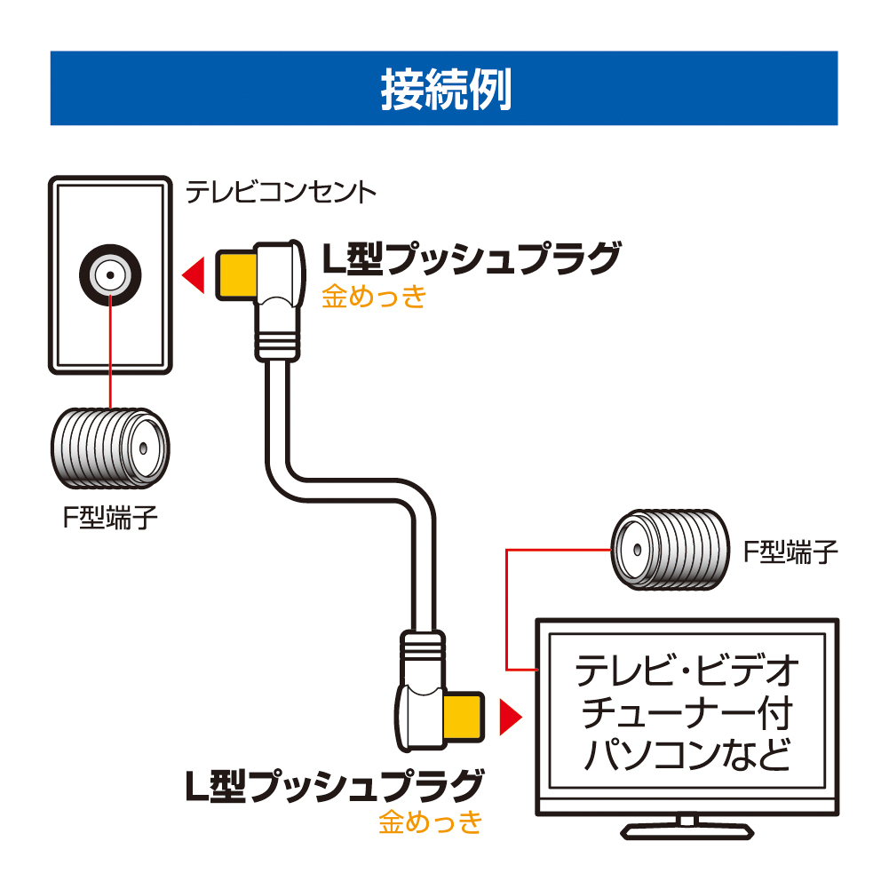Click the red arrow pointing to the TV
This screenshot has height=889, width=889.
click(510, 718)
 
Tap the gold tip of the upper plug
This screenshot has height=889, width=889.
click(233, 274)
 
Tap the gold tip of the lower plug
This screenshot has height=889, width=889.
click(464, 718)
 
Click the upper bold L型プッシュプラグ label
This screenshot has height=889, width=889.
click(469, 260)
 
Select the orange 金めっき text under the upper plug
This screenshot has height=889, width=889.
click(373, 296)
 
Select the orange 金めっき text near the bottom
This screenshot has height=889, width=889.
click(431, 822)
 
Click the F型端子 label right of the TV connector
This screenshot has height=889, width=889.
click(790, 552)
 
